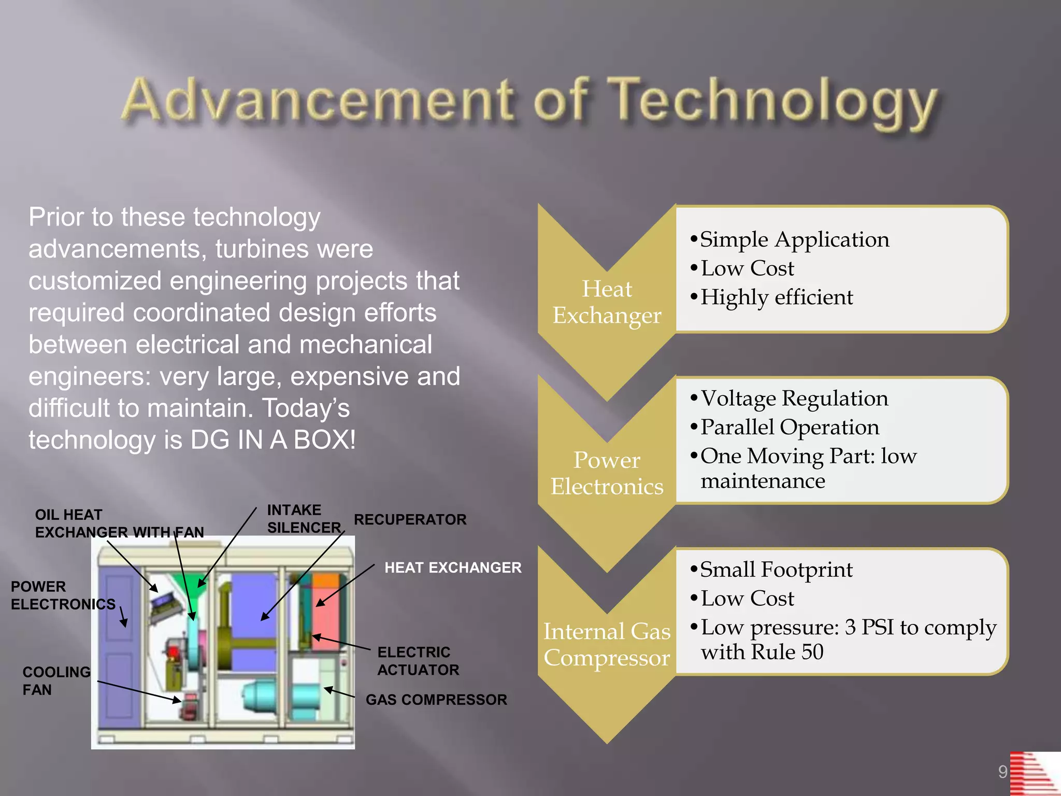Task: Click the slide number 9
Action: coord(1002,772)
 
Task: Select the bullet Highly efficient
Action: coord(776,297)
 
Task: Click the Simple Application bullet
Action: coord(794,239)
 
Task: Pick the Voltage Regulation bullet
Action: coord(794,399)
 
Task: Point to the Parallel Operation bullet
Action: coord(789,427)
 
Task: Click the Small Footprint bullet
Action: coord(776,570)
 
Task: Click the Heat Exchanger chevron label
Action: coord(607,302)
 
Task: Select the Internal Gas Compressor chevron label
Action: coord(607,645)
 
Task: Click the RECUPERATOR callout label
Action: coord(410,519)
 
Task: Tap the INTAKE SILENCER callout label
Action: coord(304,519)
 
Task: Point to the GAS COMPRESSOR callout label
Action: coord(436,700)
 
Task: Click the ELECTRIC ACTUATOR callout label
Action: coord(418,661)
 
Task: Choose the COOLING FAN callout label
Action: coord(56,680)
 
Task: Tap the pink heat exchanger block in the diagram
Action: coord(326,617)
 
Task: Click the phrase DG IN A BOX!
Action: coord(273,440)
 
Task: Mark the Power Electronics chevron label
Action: coord(607,473)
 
